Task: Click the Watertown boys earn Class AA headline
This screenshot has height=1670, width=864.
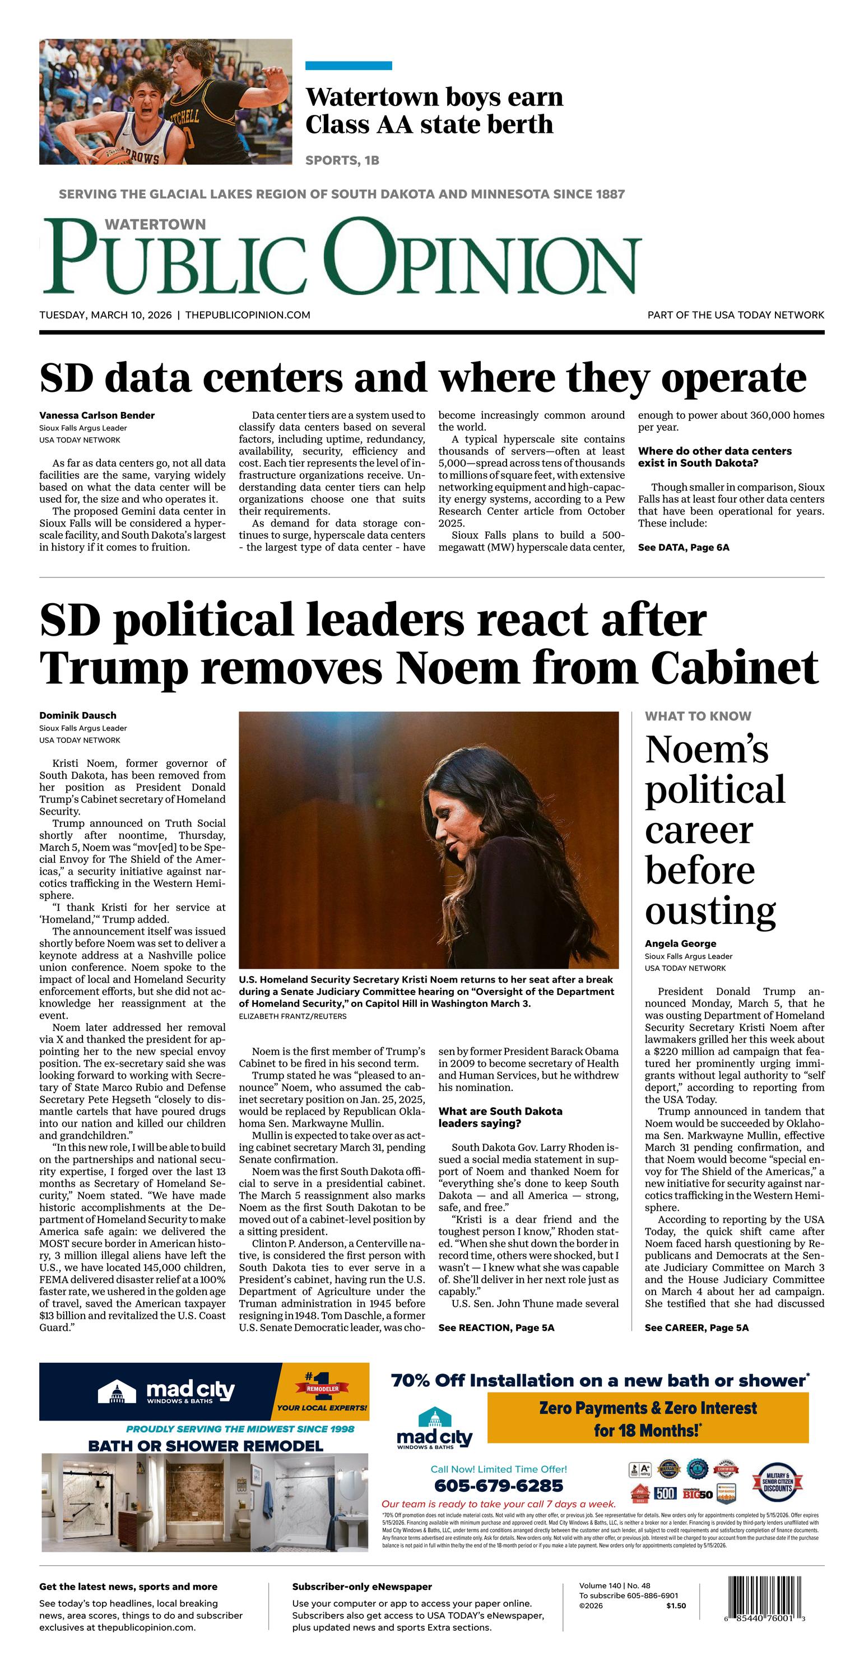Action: click(x=434, y=111)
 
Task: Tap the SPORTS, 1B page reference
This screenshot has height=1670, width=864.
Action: click(x=342, y=160)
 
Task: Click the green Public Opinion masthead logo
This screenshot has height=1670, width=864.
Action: click(x=342, y=257)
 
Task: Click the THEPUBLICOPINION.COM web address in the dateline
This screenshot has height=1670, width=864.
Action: click(x=248, y=315)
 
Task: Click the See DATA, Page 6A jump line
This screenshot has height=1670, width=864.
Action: click(x=683, y=547)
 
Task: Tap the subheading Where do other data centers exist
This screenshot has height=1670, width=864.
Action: click(x=714, y=457)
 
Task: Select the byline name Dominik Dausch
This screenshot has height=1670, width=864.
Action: click(x=78, y=715)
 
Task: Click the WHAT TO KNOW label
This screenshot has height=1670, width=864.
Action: click(x=698, y=716)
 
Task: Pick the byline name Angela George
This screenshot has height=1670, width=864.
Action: click(x=680, y=943)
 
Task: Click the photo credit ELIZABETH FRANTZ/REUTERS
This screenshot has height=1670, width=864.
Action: click(x=292, y=1016)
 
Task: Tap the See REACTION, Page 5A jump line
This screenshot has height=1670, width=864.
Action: click(x=496, y=1327)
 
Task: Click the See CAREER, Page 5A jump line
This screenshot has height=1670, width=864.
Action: click(x=696, y=1327)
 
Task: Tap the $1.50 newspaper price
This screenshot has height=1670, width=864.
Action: click(x=675, y=1606)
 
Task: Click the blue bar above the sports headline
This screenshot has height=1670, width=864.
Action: click(x=349, y=66)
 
